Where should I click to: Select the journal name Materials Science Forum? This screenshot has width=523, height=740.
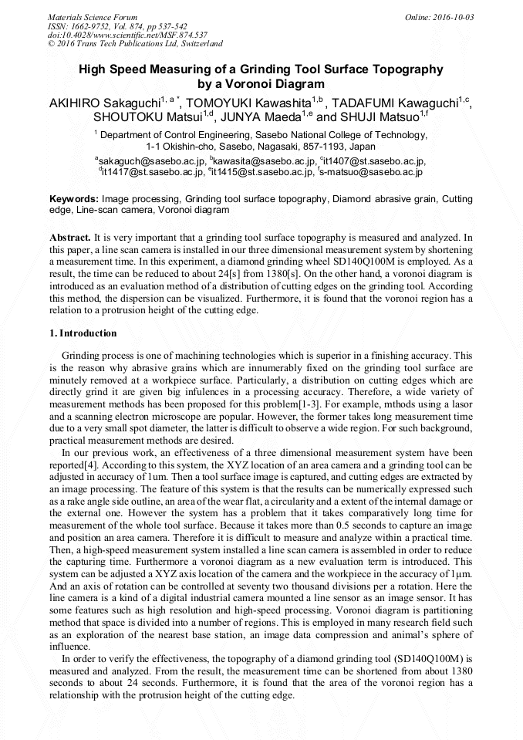[x=93, y=17]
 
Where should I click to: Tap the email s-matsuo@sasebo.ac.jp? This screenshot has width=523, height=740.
[x=372, y=171]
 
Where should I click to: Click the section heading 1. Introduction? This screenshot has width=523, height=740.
[x=83, y=333]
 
